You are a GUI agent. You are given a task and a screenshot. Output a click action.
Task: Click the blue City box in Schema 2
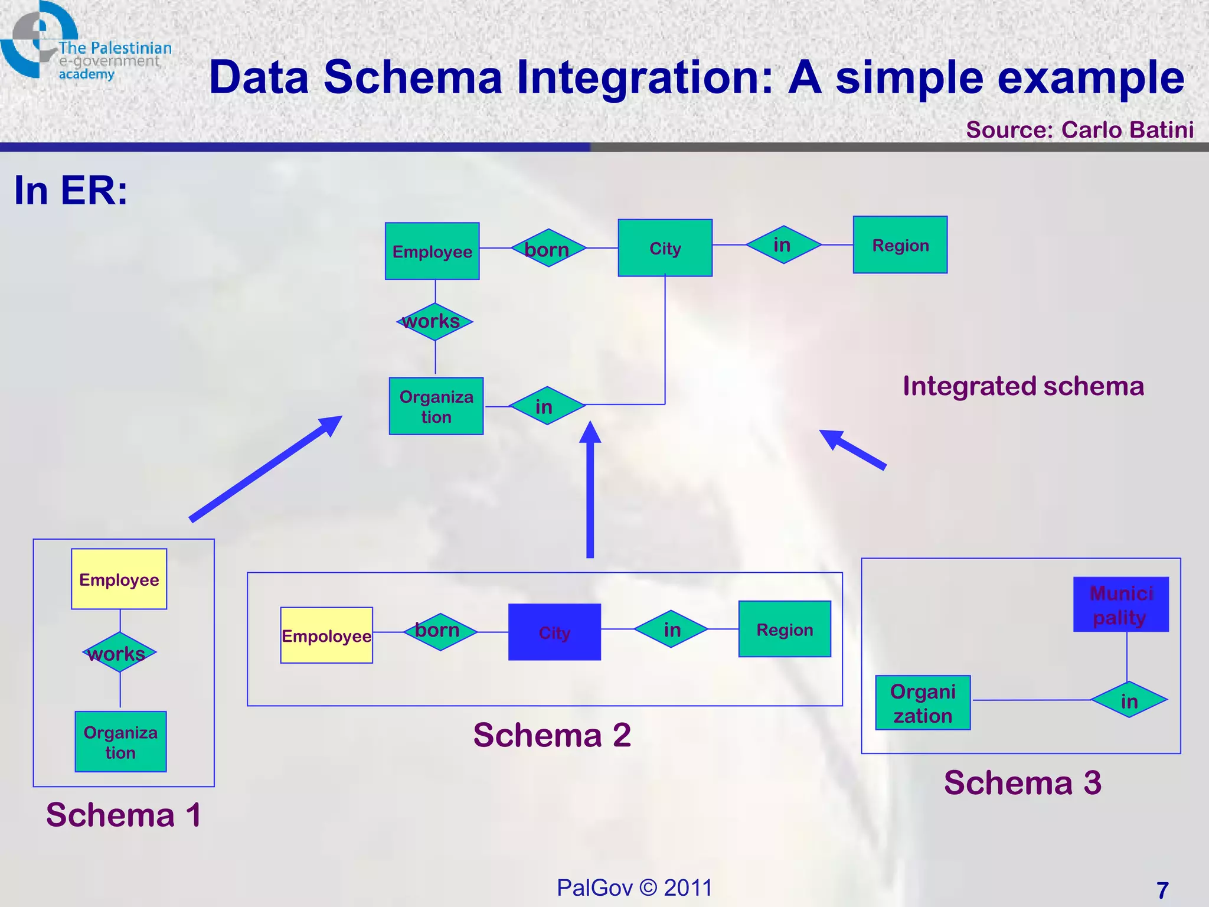coord(554,632)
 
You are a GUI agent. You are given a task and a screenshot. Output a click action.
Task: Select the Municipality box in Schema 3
coord(1120,604)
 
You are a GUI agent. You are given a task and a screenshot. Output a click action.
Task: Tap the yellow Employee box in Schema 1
coord(119,579)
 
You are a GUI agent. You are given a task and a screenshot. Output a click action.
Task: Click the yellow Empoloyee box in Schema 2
coord(326,635)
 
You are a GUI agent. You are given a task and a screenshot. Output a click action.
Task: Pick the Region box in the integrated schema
coord(900,244)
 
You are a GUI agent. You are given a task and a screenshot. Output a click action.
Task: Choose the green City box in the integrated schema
coord(665,248)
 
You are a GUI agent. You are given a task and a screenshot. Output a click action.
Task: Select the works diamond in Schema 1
coord(119,652)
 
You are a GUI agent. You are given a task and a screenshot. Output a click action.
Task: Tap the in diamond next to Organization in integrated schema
coord(546,406)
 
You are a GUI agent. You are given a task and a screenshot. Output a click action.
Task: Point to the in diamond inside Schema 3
coord(1129,700)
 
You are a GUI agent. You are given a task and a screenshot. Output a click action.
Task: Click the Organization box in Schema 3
coord(922,703)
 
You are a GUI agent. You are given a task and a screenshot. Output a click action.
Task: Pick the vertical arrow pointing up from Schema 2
coord(590,490)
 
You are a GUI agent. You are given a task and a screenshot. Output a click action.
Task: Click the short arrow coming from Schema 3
coord(852,449)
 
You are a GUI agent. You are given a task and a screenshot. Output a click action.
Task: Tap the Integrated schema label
coord(1023,386)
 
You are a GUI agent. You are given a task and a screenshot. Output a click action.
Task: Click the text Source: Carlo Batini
coord(1079,130)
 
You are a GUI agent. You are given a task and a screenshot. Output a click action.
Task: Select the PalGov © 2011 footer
coord(635,888)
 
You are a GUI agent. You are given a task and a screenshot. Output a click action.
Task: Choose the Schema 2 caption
coord(552,735)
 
